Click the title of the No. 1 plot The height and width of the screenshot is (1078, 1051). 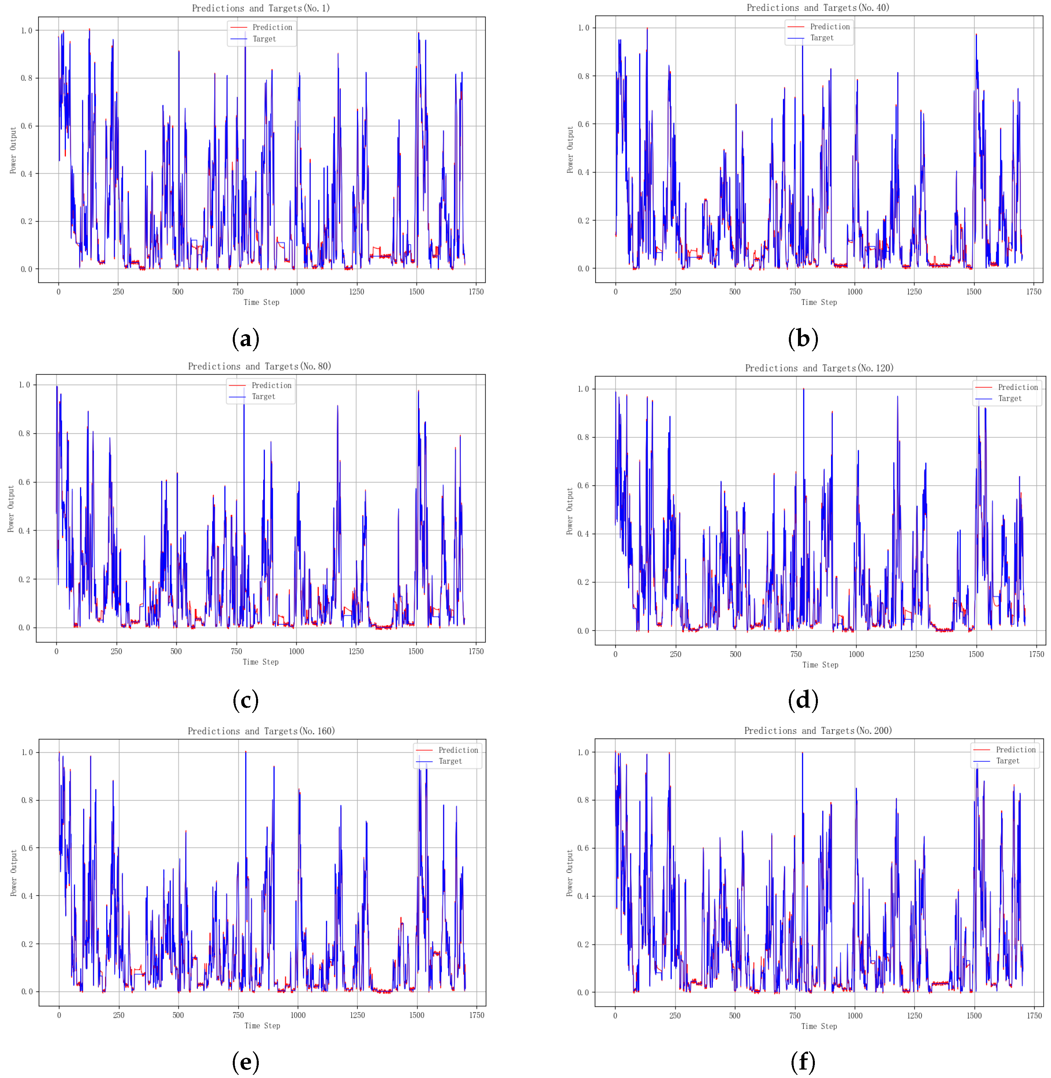click(260, 8)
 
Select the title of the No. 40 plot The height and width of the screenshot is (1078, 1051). click(818, 8)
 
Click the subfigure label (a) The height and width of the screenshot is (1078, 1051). click(246, 339)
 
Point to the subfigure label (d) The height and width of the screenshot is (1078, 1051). click(803, 700)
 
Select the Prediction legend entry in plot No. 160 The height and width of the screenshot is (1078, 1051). click(458, 750)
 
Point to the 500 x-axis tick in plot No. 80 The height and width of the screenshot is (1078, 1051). click(176, 652)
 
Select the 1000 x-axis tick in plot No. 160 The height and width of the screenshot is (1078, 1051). click(298, 1015)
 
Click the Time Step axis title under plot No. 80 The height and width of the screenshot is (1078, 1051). click(260, 662)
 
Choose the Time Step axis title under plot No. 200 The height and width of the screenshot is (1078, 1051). click(819, 1026)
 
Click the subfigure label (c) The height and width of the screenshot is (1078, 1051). click(246, 700)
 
